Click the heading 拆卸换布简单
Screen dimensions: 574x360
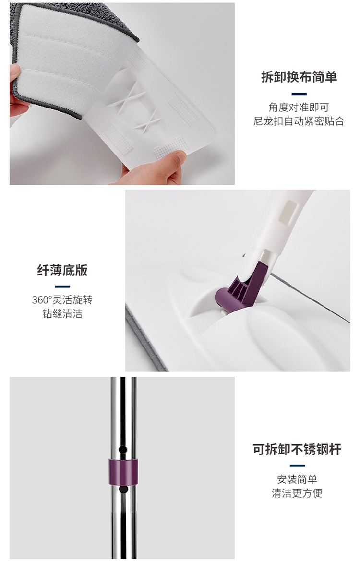tap(299, 77)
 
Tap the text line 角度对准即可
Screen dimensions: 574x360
tap(299, 108)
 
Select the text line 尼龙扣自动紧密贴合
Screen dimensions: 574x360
tap(299, 121)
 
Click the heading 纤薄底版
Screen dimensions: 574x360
tap(62, 270)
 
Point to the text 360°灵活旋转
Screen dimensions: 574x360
tap(62, 300)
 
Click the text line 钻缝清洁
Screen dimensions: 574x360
tap(62, 315)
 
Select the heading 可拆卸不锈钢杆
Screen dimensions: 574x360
tap(297, 450)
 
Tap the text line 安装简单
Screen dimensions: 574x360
tap(297, 479)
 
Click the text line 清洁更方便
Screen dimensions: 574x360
tap(297, 493)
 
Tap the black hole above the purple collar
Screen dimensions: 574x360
tap(123, 449)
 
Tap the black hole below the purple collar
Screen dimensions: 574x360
tap(123, 490)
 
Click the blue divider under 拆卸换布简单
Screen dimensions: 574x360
tap(299, 94)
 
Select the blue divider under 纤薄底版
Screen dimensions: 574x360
tap(62, 287)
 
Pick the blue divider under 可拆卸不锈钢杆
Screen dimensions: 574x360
tap(297, 466)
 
